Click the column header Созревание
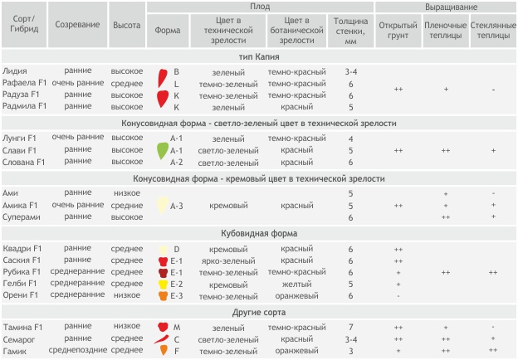[79, 25]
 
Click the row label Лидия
[15, 72]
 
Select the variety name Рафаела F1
[25, 84]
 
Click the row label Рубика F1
[22, 272]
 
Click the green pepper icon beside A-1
[163, 150]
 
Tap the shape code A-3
[176, 205]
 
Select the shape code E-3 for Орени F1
[176, 295]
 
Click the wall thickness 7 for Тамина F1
[351, 328]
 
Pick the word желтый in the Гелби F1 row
[296, 284]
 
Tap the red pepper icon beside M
[163, 328]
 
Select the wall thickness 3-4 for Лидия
[351, 72]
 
